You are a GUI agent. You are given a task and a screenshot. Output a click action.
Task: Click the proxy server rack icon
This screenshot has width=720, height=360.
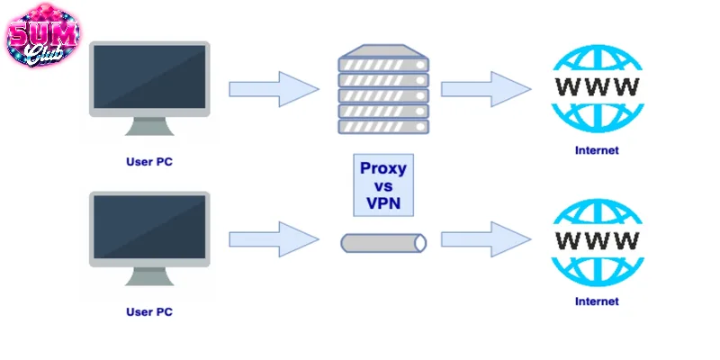tap(382, 88)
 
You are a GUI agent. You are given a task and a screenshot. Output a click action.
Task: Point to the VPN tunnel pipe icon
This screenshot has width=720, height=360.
tap(382, 242)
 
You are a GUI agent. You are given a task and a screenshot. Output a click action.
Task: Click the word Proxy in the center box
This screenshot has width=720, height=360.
tap(382, 168)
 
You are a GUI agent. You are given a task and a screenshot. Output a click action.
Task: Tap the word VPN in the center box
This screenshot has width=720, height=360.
tap(382, 202)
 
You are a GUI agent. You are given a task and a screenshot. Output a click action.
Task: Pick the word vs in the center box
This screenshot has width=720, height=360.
tap(382, 185)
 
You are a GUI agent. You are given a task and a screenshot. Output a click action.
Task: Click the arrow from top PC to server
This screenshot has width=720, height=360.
tap(274, 88)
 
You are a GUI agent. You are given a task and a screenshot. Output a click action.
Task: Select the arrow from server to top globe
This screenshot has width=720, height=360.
tap(485, 88)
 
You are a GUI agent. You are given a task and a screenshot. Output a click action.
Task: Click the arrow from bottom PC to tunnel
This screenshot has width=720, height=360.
tap(274, 239)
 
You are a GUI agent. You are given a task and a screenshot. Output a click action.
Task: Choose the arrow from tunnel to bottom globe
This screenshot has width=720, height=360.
tap(485, 239)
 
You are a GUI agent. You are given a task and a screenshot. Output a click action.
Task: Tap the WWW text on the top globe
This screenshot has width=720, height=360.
tap(597, 87)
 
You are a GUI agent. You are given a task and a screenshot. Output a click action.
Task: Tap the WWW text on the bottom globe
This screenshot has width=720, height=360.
tap(597, 240)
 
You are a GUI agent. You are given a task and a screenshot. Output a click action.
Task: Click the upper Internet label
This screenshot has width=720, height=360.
tap(597, 150)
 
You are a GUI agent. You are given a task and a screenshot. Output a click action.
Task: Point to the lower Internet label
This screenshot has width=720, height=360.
tap(597, 301)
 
